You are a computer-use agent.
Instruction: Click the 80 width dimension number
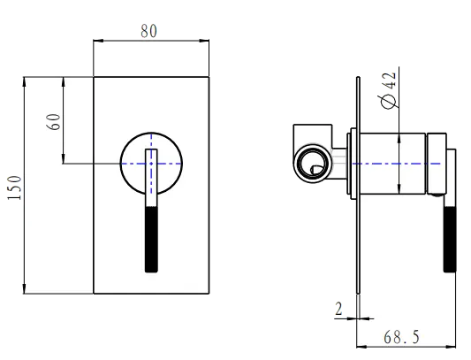(151, 30)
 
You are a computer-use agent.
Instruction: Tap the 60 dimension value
(54, 121)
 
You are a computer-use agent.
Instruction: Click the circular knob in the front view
(152, 163)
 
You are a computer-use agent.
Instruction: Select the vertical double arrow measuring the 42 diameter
(401, 163)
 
